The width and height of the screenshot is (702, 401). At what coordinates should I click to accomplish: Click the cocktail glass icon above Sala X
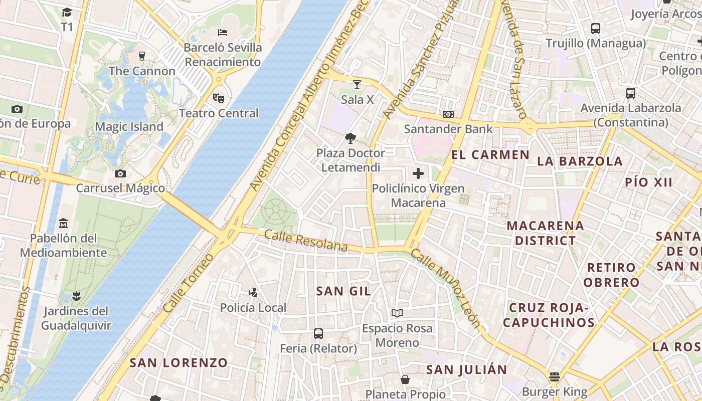tap(357, 84)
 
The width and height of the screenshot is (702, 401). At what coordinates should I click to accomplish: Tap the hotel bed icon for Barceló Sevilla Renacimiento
tap(223, 33)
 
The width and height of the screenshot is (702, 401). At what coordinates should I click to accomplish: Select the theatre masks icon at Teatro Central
tap(218, 98)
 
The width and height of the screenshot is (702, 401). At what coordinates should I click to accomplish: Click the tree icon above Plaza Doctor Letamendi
tap(350, 138)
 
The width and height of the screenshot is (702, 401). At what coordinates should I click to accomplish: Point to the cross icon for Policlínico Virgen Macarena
tap(418, 173)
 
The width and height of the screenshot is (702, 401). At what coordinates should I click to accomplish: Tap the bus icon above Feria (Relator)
tap(318, 333)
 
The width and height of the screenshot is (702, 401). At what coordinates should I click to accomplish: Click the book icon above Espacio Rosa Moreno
tap(397, 313)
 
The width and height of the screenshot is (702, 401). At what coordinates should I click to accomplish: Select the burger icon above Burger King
tap(554, 376)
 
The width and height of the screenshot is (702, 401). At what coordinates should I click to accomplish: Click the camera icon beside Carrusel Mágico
tap(120, 173)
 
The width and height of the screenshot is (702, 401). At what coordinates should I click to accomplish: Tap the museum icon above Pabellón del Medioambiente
tap(63, 223)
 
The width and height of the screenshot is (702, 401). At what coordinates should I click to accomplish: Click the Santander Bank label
tap(448, 129)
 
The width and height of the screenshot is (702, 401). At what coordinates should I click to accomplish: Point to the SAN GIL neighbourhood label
tap(343, 291)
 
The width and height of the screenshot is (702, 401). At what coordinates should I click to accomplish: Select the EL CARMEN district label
tap(490, 154)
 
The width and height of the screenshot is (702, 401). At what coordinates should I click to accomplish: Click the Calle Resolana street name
tap(305, 241)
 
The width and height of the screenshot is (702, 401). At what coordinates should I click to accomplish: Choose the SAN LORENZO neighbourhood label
tap(179, 362)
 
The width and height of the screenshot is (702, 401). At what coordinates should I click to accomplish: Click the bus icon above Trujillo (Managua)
tap(595, 29)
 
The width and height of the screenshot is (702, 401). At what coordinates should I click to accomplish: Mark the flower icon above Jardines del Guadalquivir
tap(76, 296)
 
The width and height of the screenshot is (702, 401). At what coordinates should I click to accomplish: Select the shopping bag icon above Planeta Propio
tap(405, 379)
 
